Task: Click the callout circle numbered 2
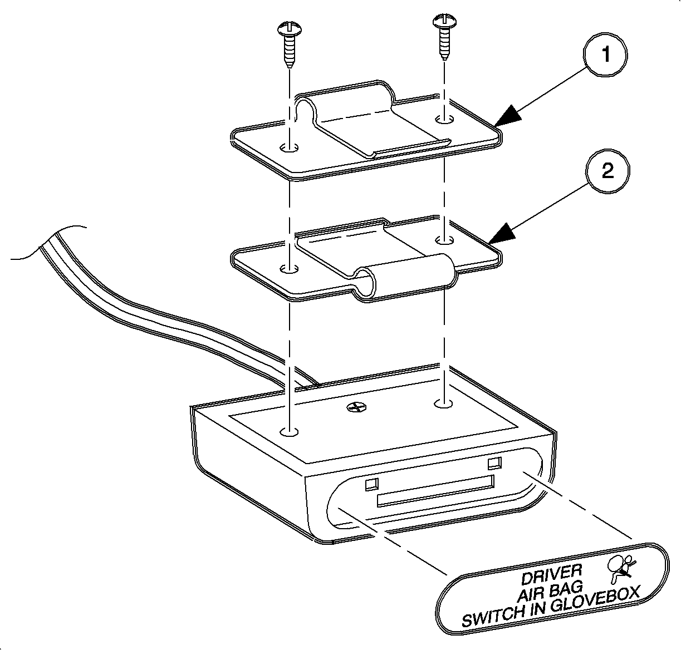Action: click(x=607, y=170)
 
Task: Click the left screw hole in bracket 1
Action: click(x=288, y=148)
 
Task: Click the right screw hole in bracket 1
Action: click(x=444, y=119)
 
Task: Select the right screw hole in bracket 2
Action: click(x=444, y=240)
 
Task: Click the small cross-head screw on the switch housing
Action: click(x=355, y=408)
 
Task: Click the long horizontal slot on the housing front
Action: click(x=435, y=490)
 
